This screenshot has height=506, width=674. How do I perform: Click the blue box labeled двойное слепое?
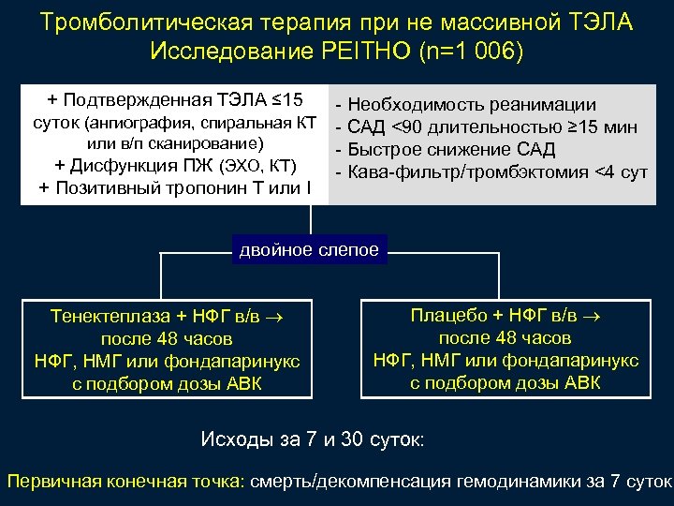coord(310,249)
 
